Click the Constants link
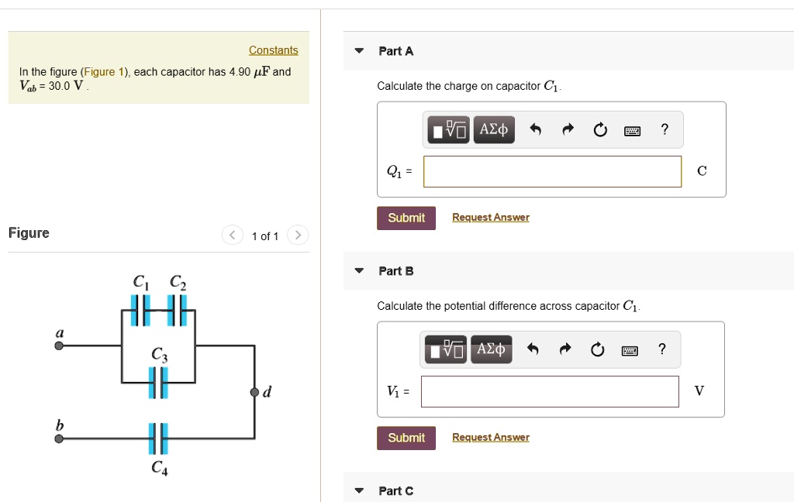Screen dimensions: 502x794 point(273,50)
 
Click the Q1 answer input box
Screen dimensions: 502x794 point(552,171)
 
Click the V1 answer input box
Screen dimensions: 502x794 point(550,391)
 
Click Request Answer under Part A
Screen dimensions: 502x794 point(490,218)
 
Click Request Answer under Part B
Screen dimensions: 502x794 point(490,438)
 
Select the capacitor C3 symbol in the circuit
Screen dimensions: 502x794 point(158,383)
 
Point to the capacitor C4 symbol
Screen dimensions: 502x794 point(158,438)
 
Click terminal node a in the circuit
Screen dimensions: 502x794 point(59,346)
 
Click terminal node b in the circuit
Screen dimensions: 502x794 point(59,438)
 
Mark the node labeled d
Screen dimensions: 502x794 point(254,392)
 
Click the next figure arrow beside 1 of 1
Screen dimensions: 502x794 point(298,236)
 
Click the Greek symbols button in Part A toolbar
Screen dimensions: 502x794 point(493,129)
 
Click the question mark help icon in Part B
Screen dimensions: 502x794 point(661,349)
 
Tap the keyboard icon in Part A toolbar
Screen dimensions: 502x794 point(633,131)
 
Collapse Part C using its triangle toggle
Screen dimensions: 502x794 point(358,491)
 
